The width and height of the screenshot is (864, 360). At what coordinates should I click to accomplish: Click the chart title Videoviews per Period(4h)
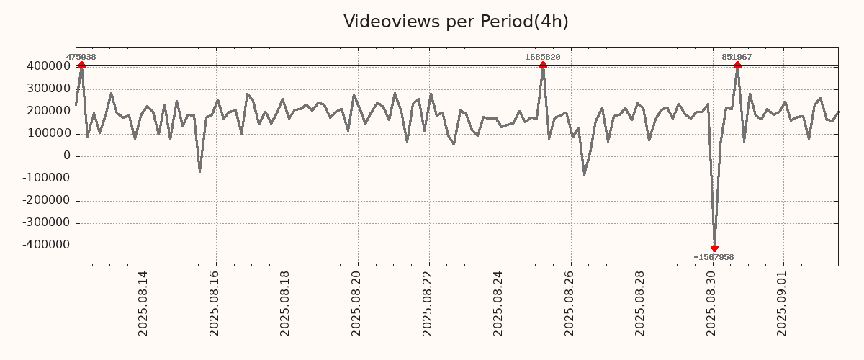(456, 22)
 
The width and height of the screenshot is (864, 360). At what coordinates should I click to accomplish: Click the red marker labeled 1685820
(543, 65)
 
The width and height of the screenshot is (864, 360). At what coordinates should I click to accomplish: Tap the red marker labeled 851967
(737, 65)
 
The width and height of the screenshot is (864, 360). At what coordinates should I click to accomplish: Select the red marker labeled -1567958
(714, 248)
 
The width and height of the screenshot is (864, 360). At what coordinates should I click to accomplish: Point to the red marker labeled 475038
(81, 65)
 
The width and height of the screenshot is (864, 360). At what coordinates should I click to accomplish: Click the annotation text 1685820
(543, 57)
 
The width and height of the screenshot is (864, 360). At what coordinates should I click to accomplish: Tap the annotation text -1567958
(714, 257)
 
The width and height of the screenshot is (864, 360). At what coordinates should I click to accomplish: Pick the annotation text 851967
(737, 57)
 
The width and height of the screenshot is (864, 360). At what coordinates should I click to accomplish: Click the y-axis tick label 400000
(48, 66)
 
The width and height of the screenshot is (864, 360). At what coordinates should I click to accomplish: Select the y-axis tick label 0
(67, 156)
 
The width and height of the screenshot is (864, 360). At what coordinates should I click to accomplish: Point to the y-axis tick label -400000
(45, 245)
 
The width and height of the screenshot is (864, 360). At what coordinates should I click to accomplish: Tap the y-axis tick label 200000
(48, 111)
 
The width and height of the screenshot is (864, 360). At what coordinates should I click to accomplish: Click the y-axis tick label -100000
(45, 178)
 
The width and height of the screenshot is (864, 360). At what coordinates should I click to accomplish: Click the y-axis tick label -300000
(45, 222)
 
